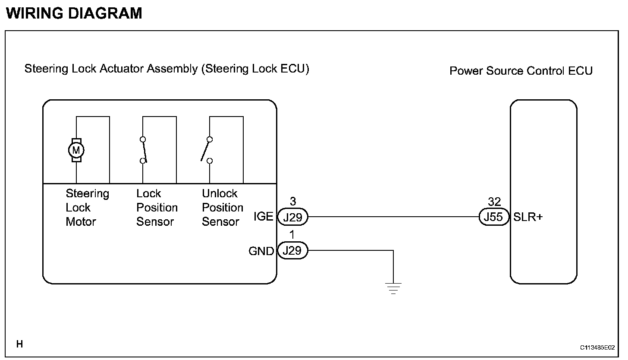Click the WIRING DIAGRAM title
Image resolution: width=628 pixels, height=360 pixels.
point(74,13)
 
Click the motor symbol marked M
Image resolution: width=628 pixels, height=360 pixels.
point(76,150)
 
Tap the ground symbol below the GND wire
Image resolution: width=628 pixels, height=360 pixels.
point(393,288)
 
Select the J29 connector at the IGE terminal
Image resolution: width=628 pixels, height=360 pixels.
point(293,217)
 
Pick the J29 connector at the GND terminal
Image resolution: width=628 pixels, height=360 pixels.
point(293,250)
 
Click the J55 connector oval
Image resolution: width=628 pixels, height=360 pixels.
point(494,217)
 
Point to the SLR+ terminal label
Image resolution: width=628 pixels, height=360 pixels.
point(528,217)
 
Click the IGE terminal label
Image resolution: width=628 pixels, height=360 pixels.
point(263,216)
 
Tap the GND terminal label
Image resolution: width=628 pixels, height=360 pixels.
point(261,251)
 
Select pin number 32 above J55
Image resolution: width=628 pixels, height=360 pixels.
point(494,202)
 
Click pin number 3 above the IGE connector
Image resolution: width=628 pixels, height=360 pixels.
point(293,201)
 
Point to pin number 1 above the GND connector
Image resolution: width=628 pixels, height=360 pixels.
point(292,234)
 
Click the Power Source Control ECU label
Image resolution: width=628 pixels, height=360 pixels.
point(521,71)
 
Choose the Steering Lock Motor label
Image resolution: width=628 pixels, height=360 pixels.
point(87,208)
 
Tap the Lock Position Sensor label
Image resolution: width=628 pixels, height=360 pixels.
point(157,208)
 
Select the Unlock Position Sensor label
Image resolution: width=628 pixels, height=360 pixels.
point(223,208)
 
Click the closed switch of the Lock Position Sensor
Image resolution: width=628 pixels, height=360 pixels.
point(143,150)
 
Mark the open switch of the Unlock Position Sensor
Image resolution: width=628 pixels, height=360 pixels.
point(207,150)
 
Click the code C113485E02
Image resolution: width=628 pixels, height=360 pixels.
point(597,347)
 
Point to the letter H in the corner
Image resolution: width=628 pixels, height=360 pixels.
point(20,344)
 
